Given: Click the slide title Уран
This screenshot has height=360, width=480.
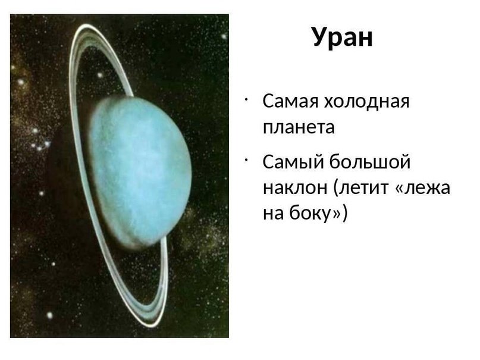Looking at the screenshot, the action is (343, 38).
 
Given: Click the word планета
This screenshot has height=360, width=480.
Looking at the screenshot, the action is (299, 127).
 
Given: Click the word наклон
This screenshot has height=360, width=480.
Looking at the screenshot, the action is (295, 187).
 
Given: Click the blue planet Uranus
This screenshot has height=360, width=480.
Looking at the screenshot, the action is (141, 171).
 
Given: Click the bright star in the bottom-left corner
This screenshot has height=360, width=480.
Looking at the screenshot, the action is (49, 315).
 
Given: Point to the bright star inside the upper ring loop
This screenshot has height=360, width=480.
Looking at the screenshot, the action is (99, 75).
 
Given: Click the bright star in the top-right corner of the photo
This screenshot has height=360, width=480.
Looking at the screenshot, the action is (224, 36).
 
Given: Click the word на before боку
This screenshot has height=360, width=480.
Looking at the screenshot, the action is (274, 213).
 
